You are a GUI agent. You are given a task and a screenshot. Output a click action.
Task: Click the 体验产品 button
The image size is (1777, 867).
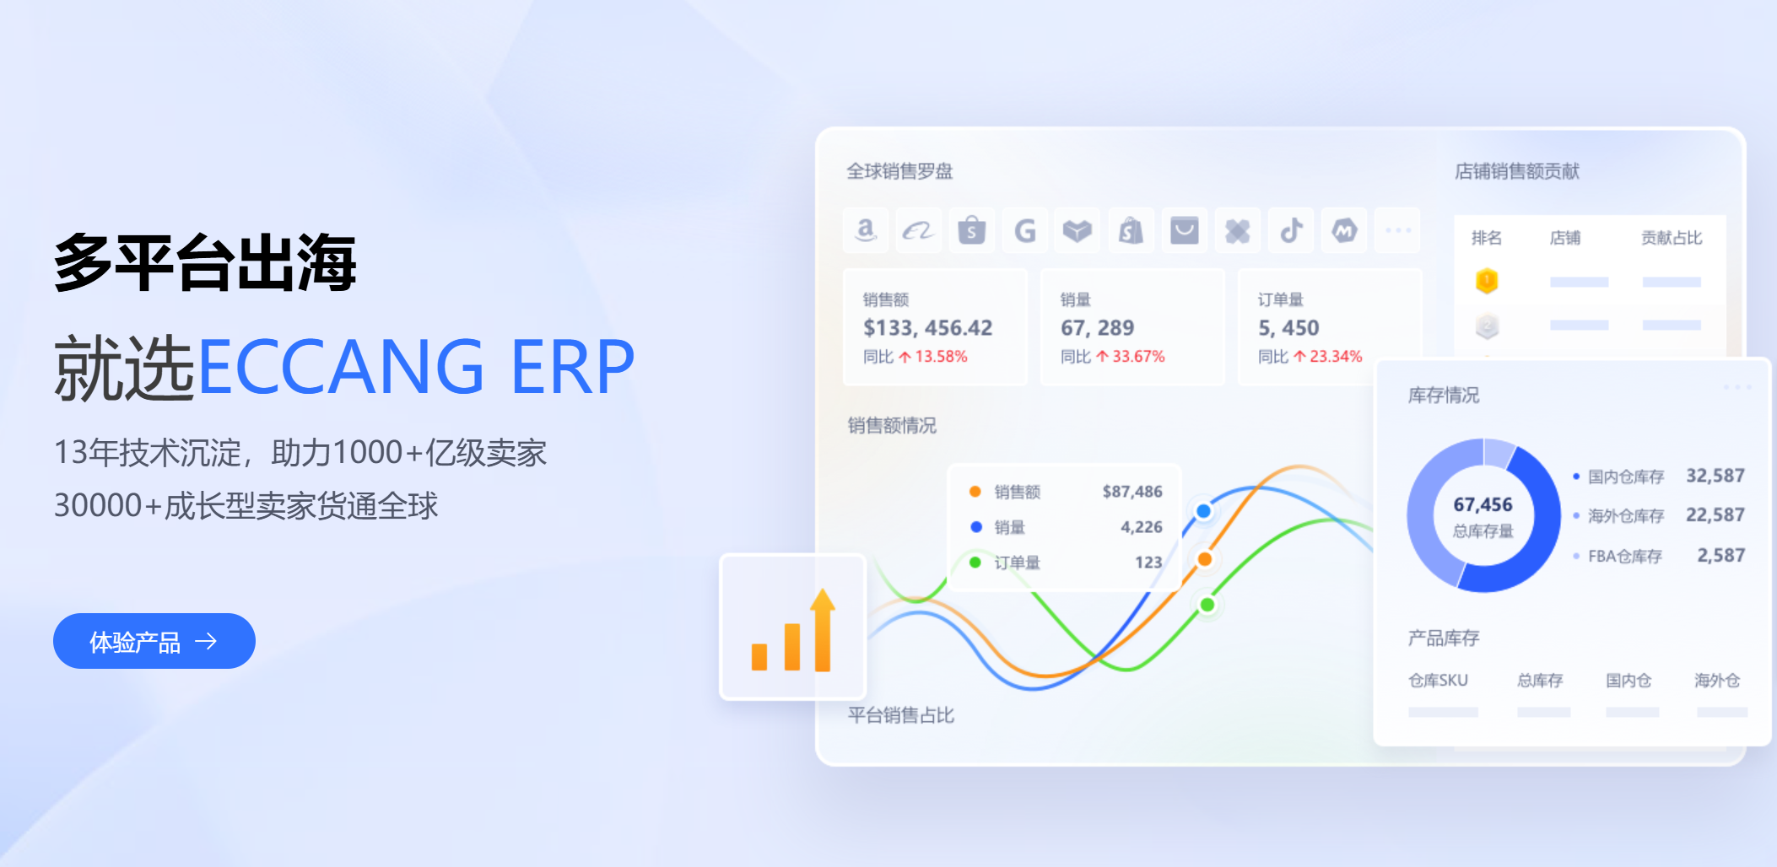[x=154, y=641]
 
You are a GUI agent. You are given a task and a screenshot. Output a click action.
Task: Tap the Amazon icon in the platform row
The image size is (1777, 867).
[x=866, y=230]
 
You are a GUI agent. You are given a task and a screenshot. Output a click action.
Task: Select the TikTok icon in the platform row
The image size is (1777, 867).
[x=1291, y=230]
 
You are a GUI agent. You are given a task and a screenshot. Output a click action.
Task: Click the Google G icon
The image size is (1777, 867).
[x=1024, y=230]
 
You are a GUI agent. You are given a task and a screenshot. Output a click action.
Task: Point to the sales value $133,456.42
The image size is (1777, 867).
[x=927, y=328]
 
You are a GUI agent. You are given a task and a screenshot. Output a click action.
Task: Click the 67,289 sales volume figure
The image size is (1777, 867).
[x=1097, y=328]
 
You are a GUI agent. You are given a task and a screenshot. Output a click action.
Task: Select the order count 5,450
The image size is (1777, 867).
[x=1288, y=328]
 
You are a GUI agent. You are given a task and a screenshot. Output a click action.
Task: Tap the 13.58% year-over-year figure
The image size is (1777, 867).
[x=941, y=357]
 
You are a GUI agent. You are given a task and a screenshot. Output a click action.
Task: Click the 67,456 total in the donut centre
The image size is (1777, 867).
[x=1483, y=505]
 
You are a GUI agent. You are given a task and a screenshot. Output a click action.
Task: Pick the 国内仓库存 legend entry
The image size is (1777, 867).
[x=1625, y=477]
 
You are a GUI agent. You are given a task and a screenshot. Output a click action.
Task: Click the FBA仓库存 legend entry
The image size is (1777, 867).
[x=1624, y=557]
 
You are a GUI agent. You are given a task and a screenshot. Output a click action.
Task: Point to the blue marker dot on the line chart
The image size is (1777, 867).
[x=1204, y=511]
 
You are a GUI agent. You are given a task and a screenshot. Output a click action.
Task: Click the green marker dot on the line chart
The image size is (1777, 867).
[x=1207, y=605]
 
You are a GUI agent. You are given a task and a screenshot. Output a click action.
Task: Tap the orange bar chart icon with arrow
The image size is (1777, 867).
[x=793, y=629]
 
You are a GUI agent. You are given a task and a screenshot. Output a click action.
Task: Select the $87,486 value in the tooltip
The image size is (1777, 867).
[x=1132, y=492]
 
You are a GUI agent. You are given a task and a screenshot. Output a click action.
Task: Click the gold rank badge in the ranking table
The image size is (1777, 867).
[x=1487, y=281]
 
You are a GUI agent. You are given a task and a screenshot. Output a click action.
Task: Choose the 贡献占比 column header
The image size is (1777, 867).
[x=1671, y=238]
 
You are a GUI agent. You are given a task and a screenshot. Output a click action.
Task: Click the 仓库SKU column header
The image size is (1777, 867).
[x=1438, y=681]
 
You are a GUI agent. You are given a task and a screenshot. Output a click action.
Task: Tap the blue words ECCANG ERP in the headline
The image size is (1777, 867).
[x=415, y=367]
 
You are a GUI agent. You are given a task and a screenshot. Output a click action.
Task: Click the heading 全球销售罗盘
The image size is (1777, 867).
[x=899, y=171]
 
